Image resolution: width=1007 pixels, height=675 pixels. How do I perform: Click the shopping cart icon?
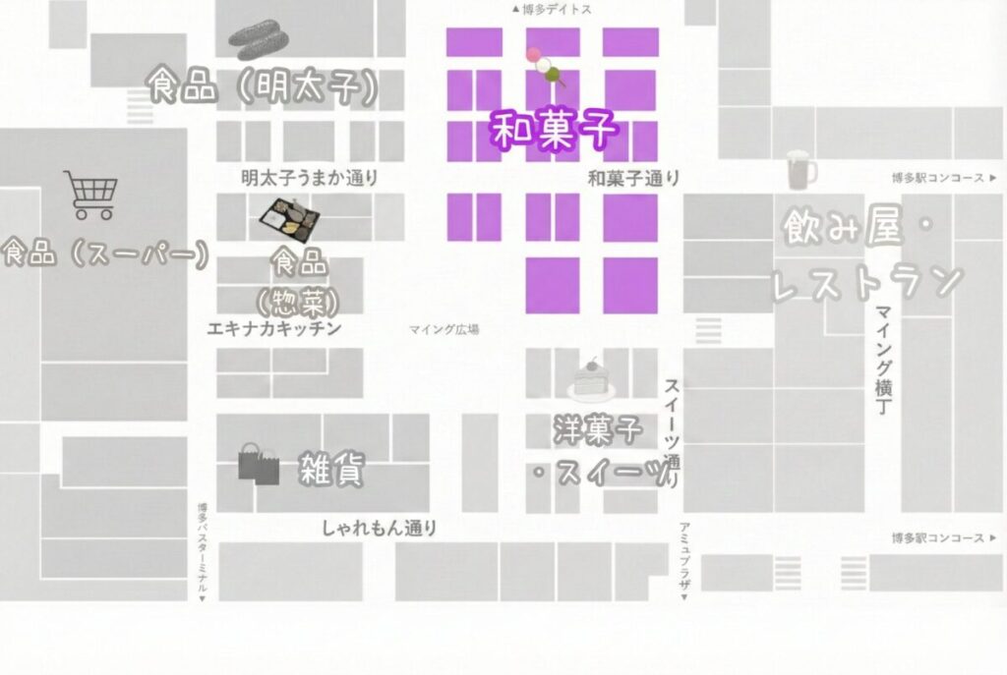coord(90,195)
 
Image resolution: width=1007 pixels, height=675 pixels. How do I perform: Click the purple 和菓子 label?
coord(554,130)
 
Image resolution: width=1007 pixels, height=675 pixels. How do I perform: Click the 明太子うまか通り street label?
coord(310,179)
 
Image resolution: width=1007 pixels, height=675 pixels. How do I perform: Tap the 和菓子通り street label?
coord(633,179)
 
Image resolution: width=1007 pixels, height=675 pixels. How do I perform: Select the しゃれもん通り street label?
coord(380,528)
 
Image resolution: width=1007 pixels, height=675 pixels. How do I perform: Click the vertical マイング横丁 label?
coord(882,360)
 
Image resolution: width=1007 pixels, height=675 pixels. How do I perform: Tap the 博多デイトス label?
coord(552,9)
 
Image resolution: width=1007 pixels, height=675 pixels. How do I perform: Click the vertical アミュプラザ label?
coord(684,560)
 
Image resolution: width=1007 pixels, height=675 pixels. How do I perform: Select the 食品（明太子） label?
coord(263,87)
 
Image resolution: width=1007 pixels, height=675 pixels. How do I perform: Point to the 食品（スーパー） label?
coord(106,254)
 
